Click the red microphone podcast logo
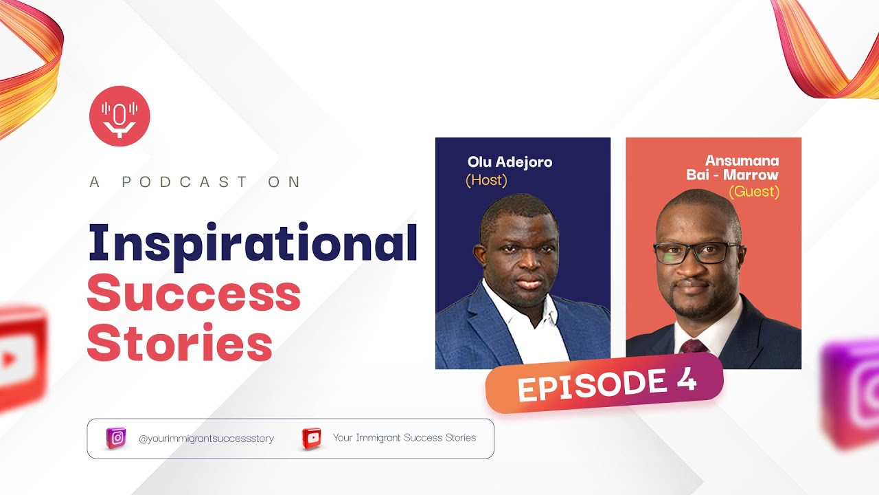tap(119, 115)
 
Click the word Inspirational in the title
tap(253, 244)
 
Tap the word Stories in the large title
tap(180, 344)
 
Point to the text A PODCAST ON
tap(196, 182)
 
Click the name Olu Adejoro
tap(510, 162)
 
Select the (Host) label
tap(486, 180)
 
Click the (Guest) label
tap(753, 192)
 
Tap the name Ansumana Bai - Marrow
tap(733, 168)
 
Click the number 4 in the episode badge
tap(687, 380)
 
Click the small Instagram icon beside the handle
tap(117, 438)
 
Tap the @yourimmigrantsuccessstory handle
tap(206, 439)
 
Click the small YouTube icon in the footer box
tap(312, 438)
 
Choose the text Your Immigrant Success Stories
tap(404, 437)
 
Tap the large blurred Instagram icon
tap(852, 392)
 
